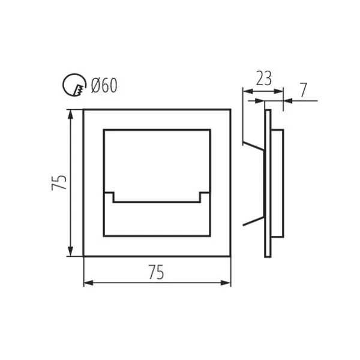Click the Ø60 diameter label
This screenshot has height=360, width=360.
pos(104,85)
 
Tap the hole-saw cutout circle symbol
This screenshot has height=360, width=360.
pos(74,85)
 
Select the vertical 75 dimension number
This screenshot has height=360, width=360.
pos(59,182)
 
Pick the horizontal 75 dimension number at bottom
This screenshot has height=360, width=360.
pos(156,272)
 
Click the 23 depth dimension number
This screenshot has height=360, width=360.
pos(264,78)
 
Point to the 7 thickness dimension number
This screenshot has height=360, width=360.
pos(303,90)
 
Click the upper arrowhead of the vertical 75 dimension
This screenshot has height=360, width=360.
pos(71,115)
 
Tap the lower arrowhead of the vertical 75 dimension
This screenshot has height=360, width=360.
pos(71,251)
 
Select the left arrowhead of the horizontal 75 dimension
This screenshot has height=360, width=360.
pos(89,283)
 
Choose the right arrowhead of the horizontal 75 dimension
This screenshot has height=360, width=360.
pos(226,283)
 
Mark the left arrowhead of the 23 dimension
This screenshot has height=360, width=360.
pos(248,91)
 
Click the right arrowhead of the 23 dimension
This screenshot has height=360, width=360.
pos(278,91)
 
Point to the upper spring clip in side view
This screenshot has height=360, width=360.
pos(253,146)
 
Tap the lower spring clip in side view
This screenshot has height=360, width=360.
pos(253,221)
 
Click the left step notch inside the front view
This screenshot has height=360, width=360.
pos(109,197)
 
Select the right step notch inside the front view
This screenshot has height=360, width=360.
pos(205,197)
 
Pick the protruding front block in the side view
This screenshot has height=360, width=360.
pos(277,183)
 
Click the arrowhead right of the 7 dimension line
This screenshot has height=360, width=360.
pos(288,101)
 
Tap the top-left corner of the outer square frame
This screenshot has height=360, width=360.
pos(83,110)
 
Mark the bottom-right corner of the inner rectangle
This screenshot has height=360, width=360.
pos(210,236)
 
